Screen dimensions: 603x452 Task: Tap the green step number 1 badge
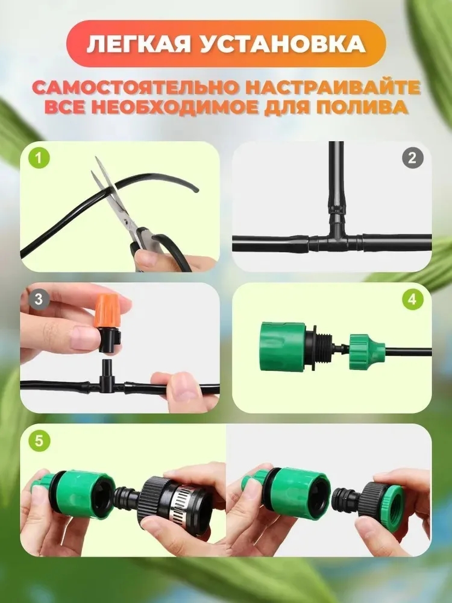[40, 159]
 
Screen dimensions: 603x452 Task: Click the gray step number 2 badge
[412, 159]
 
